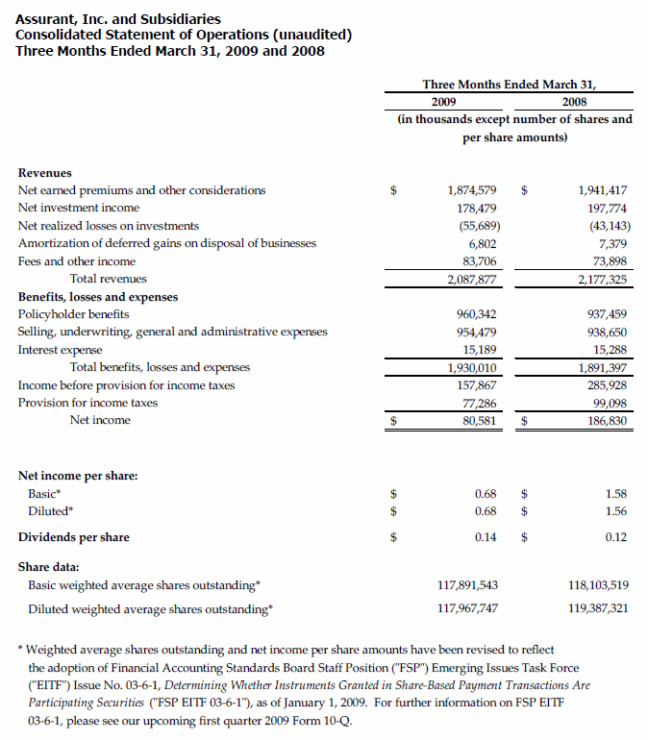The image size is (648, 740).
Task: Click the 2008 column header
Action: coord(574,102)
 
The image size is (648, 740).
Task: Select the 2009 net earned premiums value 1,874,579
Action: coord(471,190)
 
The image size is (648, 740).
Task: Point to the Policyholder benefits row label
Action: coord(74,314)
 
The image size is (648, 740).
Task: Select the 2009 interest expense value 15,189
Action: coord(479,350)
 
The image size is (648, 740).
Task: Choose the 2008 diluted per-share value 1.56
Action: coord(616,511)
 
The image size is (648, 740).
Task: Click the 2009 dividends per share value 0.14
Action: coord(485,537)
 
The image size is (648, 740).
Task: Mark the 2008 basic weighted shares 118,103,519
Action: coord(592,584)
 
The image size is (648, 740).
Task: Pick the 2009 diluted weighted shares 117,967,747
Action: coord(466,608)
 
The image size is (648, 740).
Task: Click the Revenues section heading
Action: coord(45,173)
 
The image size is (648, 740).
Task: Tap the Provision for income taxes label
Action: coord(87,403)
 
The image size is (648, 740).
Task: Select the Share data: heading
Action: coord(49,566)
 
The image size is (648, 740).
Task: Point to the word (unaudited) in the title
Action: coord(306,35)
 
